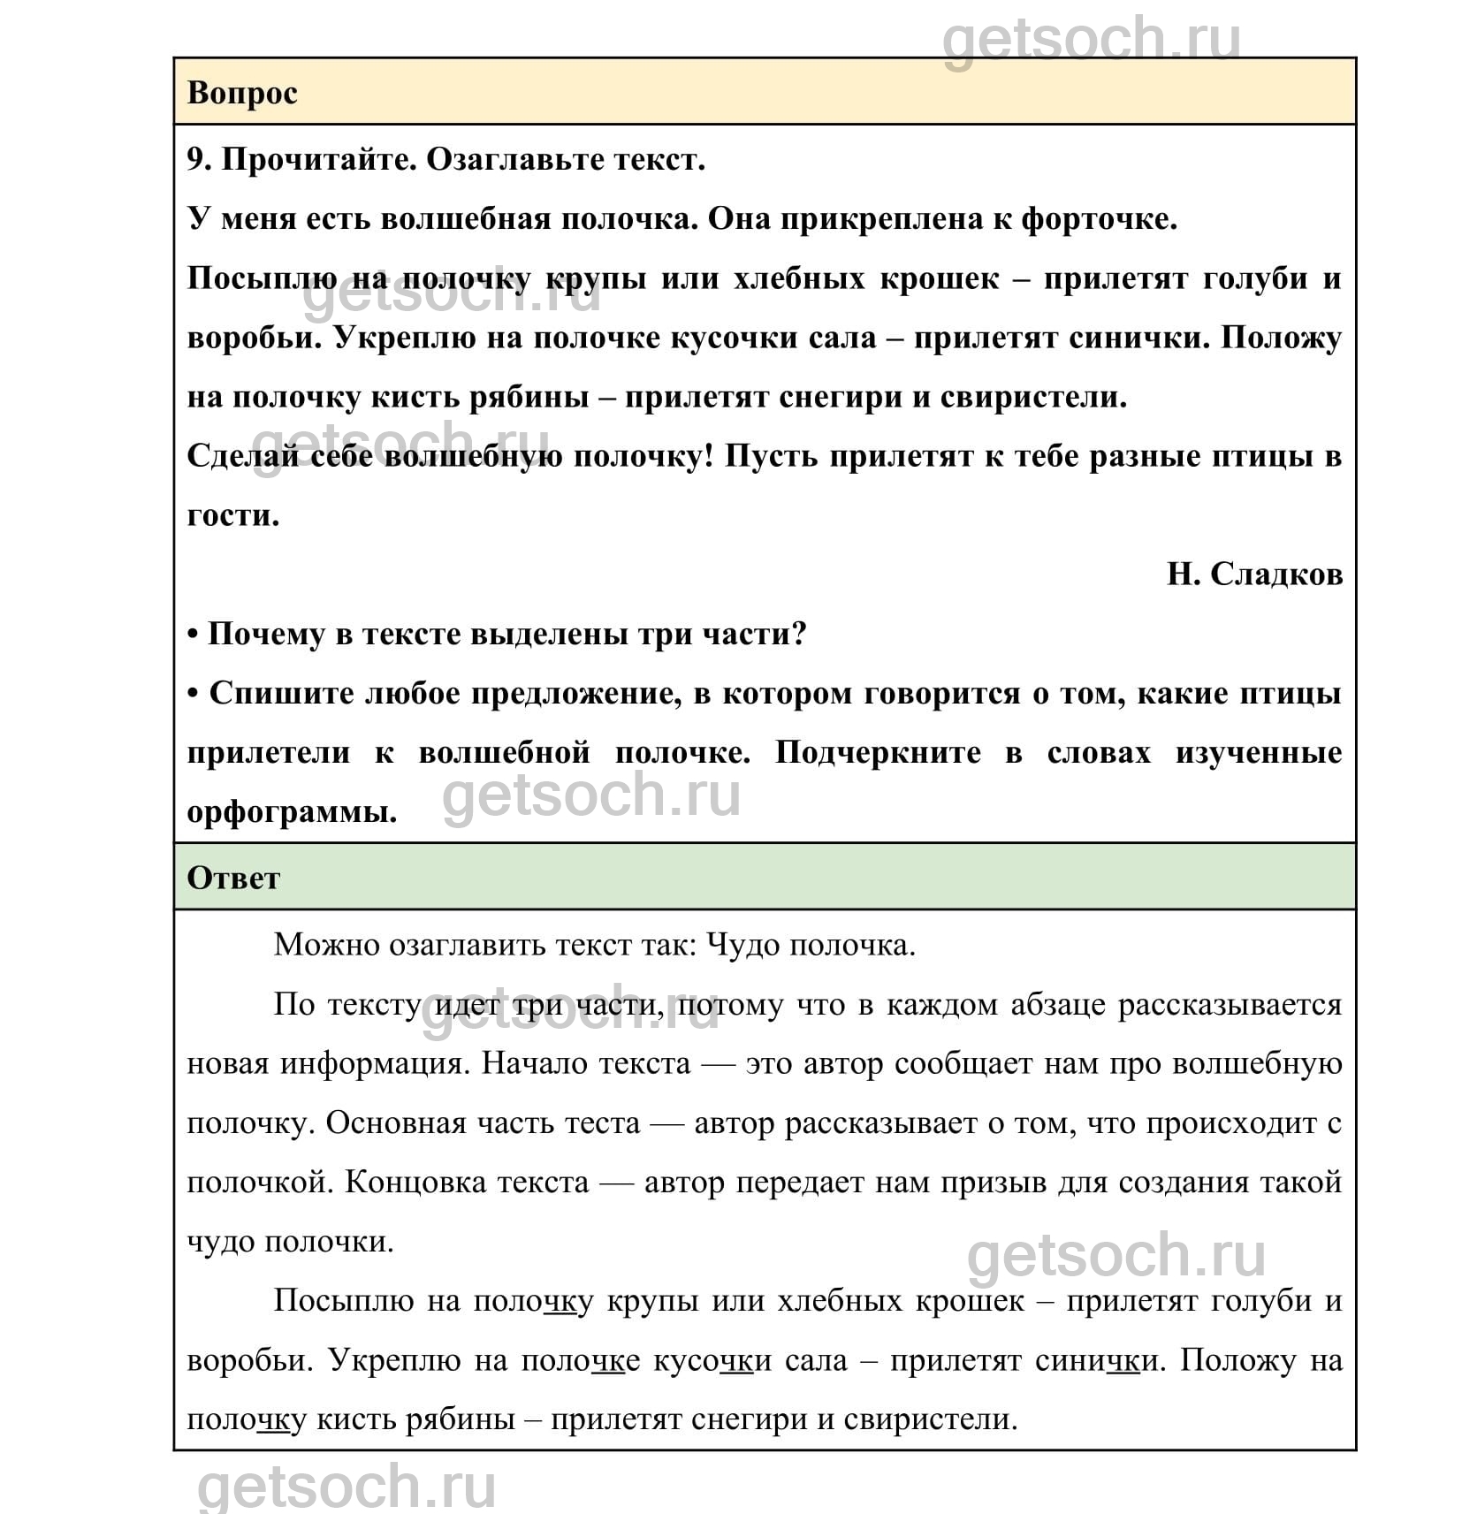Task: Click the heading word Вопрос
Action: coord(242,93)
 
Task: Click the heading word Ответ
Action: coord(233,878)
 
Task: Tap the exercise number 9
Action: coord(199,160)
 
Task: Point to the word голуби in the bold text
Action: coord(1256,278)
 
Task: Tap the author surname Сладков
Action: coord(1275,574)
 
